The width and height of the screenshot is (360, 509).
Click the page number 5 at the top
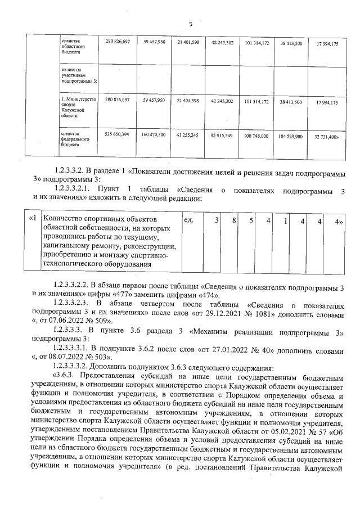[190, 24]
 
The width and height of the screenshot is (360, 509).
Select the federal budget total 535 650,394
[117, 135]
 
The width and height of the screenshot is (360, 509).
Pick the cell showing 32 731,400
[327, 136]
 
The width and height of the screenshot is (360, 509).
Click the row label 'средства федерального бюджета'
[73, 139]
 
